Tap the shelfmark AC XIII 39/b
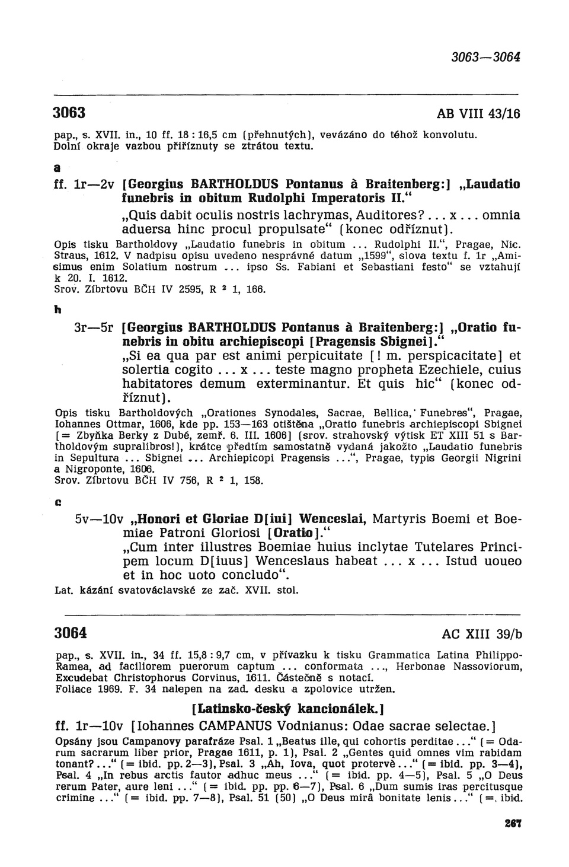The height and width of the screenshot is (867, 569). tap(482, 633)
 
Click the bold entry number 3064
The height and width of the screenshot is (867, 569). tap(71, 632)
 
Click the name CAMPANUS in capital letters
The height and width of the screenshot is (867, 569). tap(234, 725)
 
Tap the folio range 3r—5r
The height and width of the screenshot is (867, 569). tap(94, 327)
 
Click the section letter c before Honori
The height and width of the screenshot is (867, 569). tap(58, 501)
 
